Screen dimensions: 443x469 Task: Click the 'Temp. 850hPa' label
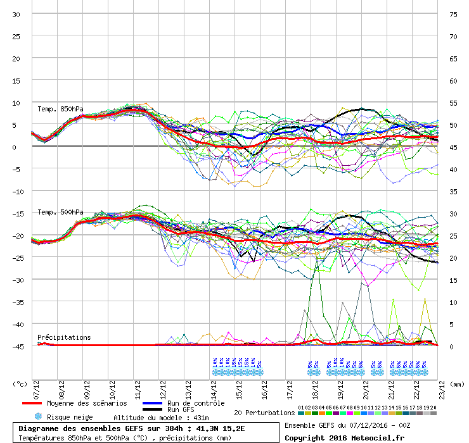tap(60, 108)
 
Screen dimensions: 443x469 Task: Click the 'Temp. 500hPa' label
tap(60, 212)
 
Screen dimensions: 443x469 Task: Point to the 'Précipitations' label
tap(63, 337)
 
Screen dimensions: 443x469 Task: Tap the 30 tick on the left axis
tap(16, 14)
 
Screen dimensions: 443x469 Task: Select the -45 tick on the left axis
tap(16, 346)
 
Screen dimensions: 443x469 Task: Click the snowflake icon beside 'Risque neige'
tap(37, 416)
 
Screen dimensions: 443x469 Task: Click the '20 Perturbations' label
tap(264, 413)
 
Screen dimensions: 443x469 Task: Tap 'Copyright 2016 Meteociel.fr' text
tap(344, 437)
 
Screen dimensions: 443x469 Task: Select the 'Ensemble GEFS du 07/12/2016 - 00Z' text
tap(347, 425)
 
